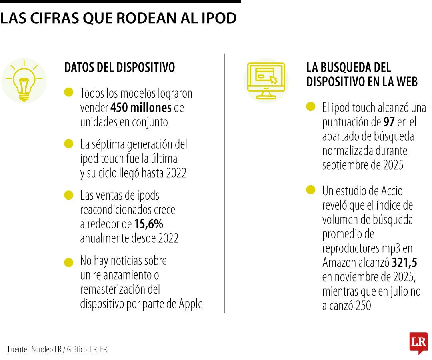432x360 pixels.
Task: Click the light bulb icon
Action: pos(24,80)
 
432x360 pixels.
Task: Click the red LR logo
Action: pos(418,342)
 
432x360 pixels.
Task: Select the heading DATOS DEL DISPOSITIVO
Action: pos(120,68)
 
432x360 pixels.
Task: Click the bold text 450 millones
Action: pos(141,108)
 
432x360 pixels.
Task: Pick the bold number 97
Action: pos(389,122)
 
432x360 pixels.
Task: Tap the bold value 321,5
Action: pos(405,262)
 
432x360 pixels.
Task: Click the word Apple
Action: pos(190,304)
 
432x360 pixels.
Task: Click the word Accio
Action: pos(390,191)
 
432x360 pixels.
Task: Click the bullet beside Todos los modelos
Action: pos(69,92)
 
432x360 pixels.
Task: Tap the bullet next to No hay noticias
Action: pos(69,262)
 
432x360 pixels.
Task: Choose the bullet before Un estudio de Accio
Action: pos(311,190)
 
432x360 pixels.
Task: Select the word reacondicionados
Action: pos(128,210)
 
